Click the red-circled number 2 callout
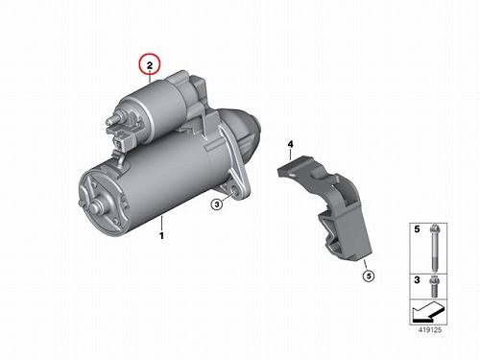click(150, 65)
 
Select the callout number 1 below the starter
click(161, 236)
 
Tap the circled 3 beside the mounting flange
click(217, 204)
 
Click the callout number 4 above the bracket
click(290, 144)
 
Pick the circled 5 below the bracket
click(369, 276)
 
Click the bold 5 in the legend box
click(417, 229)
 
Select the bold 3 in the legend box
click(417, 280)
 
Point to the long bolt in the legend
click(434, 248)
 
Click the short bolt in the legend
click(434, 286)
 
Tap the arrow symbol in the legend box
click(428, 312)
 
